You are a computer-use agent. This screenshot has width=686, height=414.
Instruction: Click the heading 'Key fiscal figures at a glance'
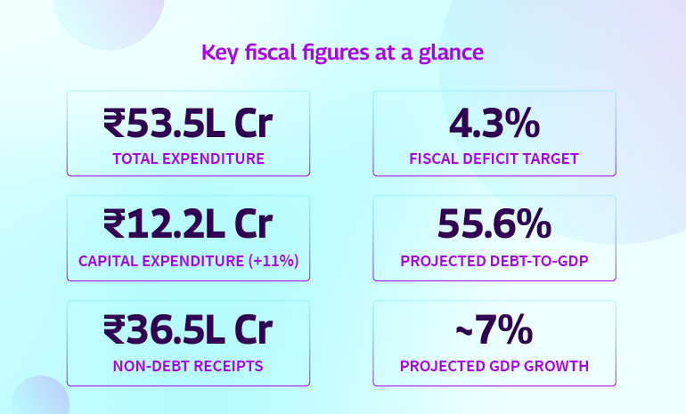click(343, 53)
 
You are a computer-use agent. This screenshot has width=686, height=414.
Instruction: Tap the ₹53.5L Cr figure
click(188, 124)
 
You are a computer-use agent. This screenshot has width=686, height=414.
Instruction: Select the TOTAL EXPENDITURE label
click(188, 159)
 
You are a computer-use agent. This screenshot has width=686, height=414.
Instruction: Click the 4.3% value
click(494, 124)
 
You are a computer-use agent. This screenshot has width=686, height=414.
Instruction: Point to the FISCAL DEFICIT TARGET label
click(494, 159)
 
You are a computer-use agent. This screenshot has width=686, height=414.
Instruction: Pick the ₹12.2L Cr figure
click(188, 227)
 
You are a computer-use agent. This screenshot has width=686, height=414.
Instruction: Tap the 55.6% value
click(494, 227)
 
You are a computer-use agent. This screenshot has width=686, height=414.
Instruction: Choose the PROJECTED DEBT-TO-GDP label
click(494, 262)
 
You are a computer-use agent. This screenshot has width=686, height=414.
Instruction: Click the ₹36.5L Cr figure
click(188, 331)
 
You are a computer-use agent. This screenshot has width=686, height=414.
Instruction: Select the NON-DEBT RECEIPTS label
click(188, 366)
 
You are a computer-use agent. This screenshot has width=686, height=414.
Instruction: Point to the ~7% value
click(494, 331)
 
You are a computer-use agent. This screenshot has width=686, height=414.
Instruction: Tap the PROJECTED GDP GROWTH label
click(494, 366)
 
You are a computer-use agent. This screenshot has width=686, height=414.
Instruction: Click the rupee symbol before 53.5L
click(115, 124)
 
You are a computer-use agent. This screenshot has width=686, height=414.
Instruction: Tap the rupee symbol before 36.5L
click(115, 331)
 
